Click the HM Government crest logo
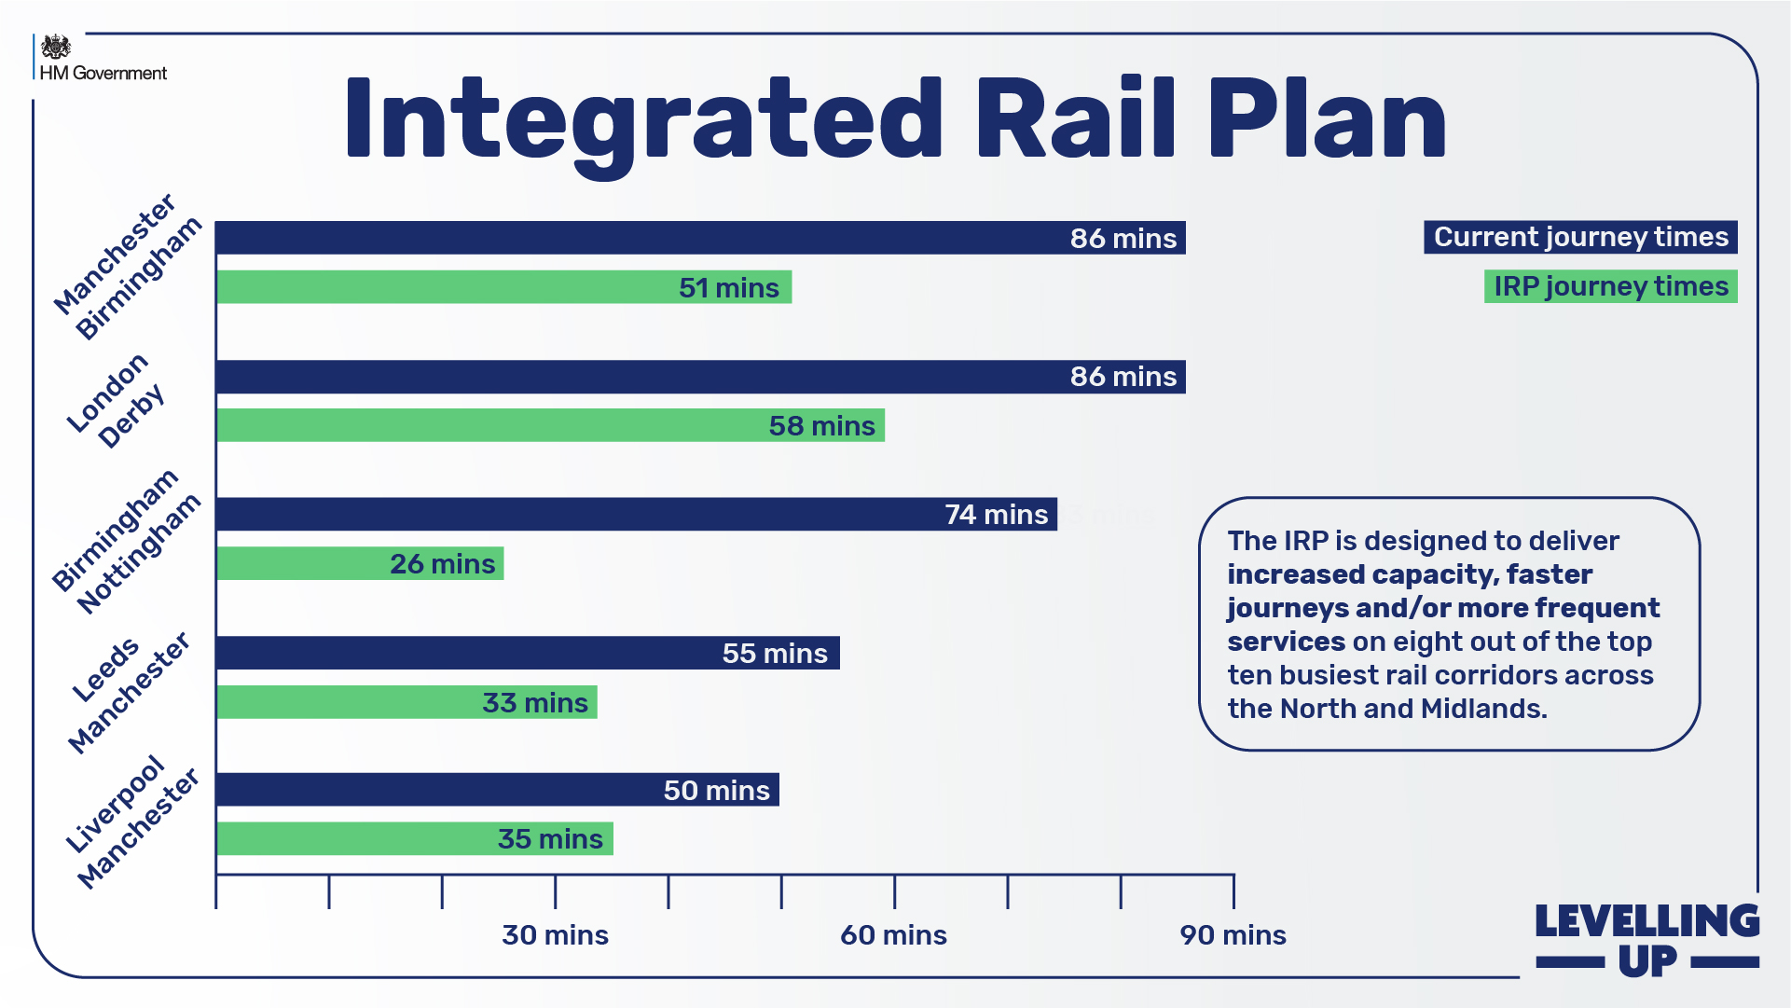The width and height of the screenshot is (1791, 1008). tap(56, 47)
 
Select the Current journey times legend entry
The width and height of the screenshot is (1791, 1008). tap(1579, 237)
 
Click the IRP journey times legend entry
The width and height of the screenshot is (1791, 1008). tap(1610, 286)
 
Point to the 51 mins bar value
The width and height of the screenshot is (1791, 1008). tap(728, 287)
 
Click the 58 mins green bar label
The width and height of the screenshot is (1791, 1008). tap(821, 425)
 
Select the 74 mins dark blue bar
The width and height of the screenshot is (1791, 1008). tap(636, 515)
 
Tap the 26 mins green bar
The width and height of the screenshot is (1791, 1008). tap(360, 563)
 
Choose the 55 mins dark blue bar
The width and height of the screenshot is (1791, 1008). tap(527, 653)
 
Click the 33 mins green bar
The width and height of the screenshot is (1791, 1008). tap(406, 702)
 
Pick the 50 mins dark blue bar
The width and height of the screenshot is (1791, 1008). tap(497, 790)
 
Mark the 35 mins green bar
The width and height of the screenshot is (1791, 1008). tap(414, 838)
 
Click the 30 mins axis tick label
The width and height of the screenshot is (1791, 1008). tap(555, 934)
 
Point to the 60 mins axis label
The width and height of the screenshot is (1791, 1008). tap(893, 934)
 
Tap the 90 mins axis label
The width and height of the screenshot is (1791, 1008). tap(1233, 934)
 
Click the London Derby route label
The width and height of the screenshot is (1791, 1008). tap(117, 401)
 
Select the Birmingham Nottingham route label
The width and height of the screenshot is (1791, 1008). tap(126, 541)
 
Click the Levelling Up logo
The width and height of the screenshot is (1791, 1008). tap(1646, 940)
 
